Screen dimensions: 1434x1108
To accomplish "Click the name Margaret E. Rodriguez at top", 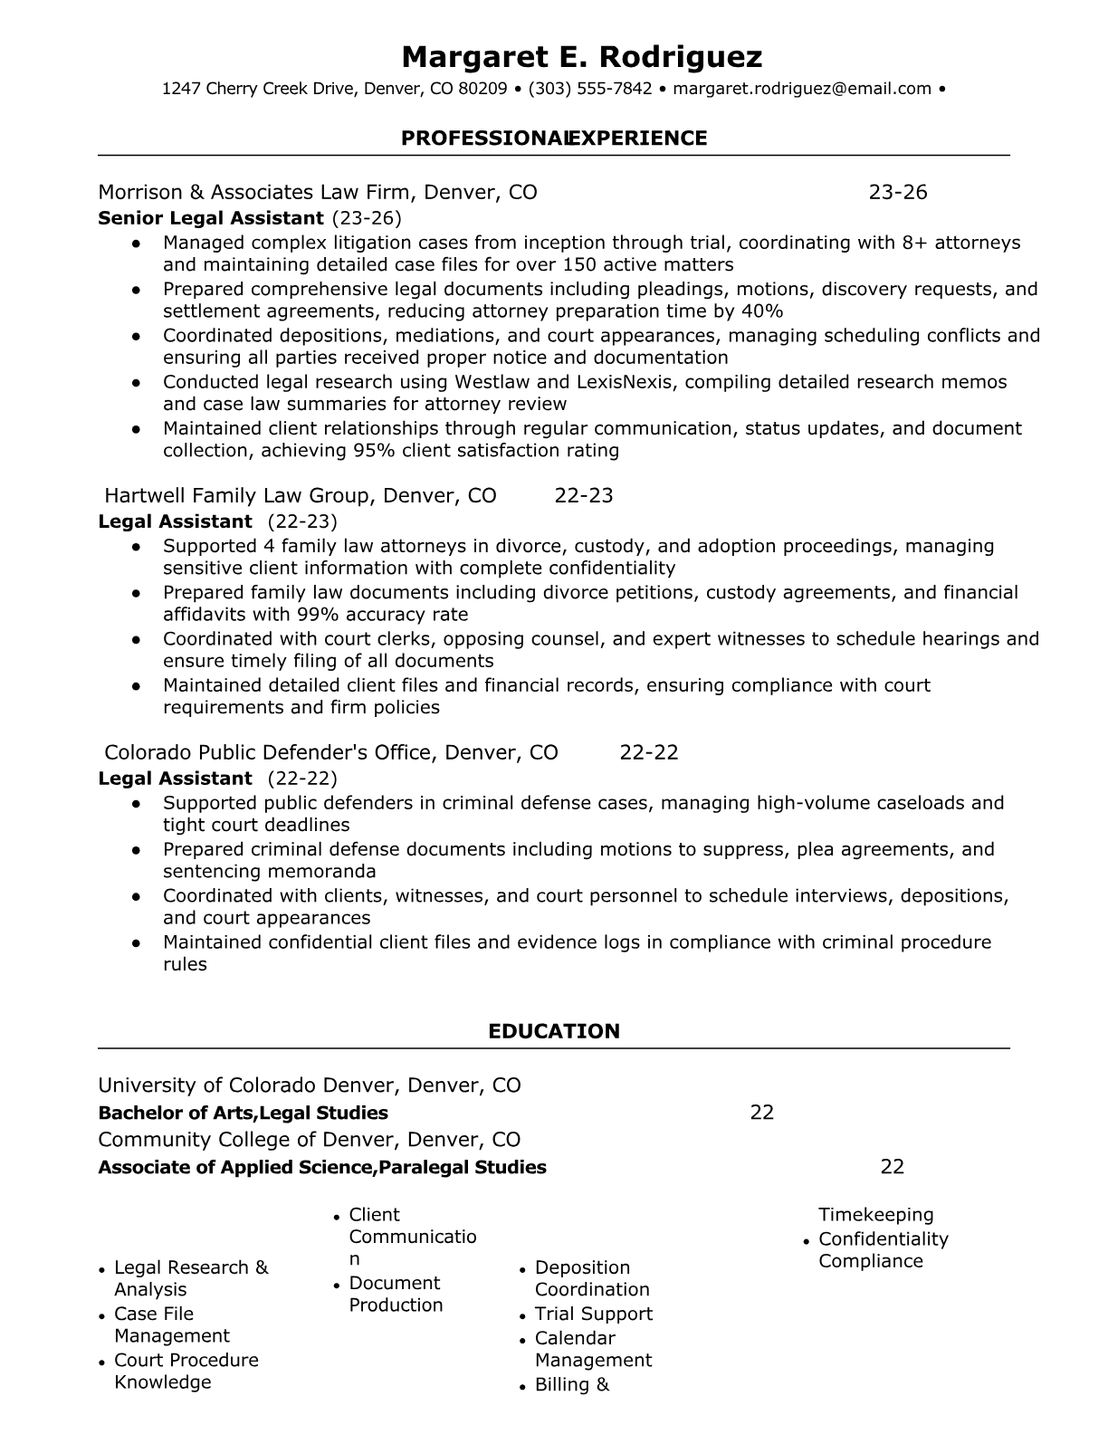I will [x=581, y=57].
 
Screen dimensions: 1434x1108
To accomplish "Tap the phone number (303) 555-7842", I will [x=589, y=89].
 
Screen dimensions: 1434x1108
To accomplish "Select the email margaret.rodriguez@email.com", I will [x=802, y=89].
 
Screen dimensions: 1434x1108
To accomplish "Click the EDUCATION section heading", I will [x=553, y=1031].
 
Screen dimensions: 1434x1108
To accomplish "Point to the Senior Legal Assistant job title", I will [x=210, y=218].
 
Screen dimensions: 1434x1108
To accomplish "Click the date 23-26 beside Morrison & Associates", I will [x=897, y=192].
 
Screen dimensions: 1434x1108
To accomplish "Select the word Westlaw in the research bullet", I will [x=491, y=382].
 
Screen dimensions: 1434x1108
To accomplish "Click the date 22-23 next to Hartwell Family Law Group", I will [x=583, y=495].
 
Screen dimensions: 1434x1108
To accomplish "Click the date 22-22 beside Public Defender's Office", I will [x=648, y=752].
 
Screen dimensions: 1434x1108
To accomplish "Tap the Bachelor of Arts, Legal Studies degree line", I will [x=243, y=1113].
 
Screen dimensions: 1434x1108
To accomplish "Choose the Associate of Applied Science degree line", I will [x=321, y=1167].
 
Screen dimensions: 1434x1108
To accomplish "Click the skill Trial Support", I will [x=593, y=1314].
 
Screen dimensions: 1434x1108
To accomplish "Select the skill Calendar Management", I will [x=592, y=1349].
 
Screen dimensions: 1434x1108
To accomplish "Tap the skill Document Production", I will [x=396, y=1294].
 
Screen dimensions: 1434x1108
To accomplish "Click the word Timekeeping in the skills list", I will [x=875, y=1215].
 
